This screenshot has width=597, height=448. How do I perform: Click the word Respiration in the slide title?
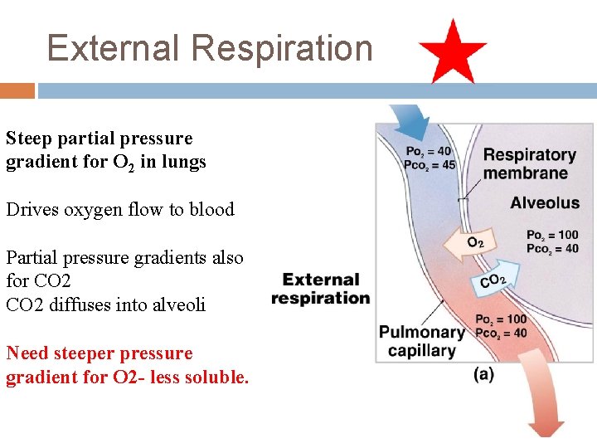tap(282, 48)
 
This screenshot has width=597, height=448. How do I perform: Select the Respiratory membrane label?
tap(529, 163)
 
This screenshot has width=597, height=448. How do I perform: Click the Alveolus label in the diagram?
tap(545, 202)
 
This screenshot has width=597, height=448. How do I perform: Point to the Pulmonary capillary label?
tap(421, 341)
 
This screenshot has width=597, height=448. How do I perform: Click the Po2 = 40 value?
tap(429, 152)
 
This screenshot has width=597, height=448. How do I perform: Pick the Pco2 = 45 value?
tap(430, 164)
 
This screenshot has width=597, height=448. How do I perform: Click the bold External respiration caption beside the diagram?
tap(320, 289)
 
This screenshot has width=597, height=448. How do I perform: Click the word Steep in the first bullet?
tap(27, 139)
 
